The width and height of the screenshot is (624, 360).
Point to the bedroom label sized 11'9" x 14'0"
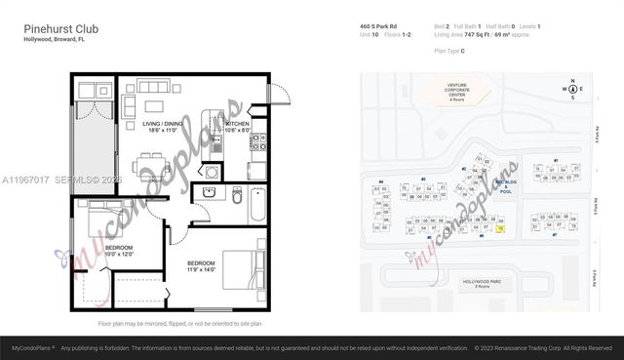coord(201,265)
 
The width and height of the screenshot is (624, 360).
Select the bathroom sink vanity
coord(209,192)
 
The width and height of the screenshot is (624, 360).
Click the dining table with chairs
coord(148,162)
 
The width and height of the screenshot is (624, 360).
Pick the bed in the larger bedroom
coord(242,269)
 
